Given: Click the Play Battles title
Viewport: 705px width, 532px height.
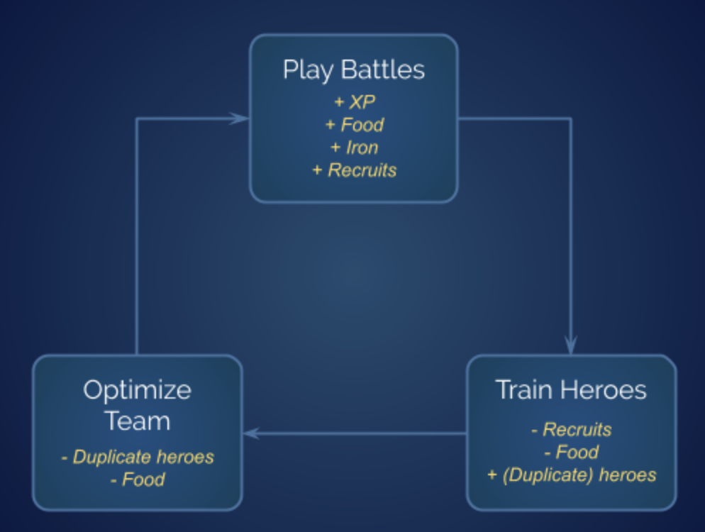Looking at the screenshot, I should point(353,70).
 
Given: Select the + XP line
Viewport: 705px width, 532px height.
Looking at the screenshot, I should point(354,102).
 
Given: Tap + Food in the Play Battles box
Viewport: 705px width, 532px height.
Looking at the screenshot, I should point(354,125).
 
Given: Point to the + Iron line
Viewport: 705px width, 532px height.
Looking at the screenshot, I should point(354,148).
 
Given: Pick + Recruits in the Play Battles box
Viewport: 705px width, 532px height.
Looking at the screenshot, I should point(354,170).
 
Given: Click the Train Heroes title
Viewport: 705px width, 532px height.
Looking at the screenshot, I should point(571,389).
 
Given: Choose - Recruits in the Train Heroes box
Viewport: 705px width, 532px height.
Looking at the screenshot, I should point(571,429).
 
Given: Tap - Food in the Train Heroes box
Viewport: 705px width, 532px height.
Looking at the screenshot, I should point(571,452).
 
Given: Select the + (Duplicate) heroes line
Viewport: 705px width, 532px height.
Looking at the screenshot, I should point(571,475).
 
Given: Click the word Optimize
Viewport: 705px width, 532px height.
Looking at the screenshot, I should point(137,389).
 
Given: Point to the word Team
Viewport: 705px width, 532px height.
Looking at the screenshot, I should point(137,421).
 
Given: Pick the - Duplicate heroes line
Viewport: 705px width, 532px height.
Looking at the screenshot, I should point(137,457).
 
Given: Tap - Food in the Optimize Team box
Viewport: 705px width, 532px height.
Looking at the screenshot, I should point(137,480).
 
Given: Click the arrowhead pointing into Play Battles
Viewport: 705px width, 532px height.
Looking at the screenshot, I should point(240,118).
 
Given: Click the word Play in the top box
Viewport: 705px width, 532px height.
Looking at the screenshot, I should point(308,70).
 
